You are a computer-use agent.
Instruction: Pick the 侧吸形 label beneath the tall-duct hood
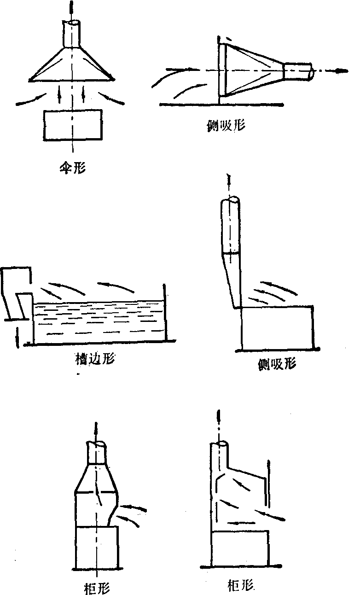pyautogui.click(x=277, y=364)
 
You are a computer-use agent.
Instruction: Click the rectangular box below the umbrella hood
pyautogui.click(x=72, y=125)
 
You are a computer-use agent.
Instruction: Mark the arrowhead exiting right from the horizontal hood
pyautogui.click(x=341, y=71)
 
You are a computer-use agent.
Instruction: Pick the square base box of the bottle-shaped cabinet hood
pyautogui.click(x=97, y=548)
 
